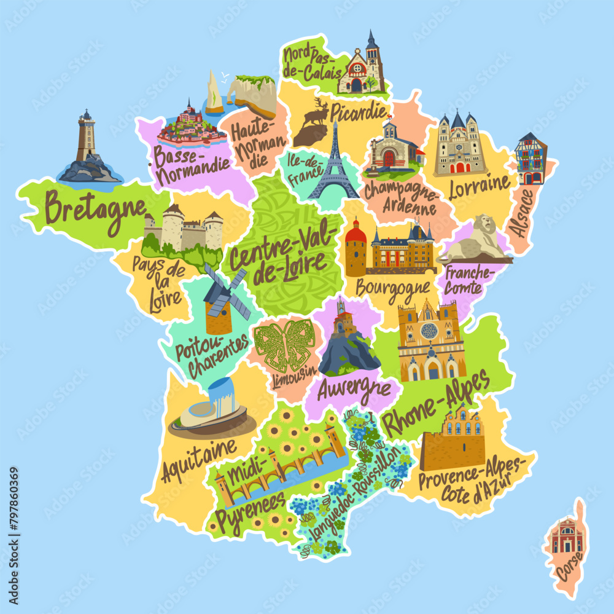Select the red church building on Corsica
tap(566, 537)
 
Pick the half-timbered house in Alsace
tap(531, 159)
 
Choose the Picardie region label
tap(359, 112)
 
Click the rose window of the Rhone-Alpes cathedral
tap(429, 331)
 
